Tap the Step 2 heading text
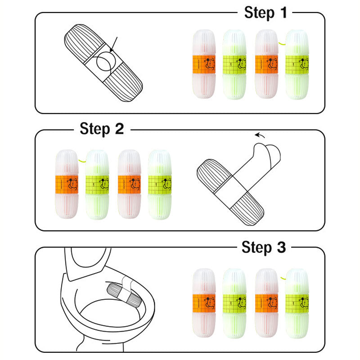point(102,129)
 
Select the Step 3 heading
point(263,247)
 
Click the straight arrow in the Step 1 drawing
point(113,46)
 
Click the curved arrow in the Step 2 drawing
point(260,134)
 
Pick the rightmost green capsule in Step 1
point(297,64)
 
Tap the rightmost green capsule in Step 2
point(160,184)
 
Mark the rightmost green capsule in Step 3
point(297,302)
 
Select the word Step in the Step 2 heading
point(94,129)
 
